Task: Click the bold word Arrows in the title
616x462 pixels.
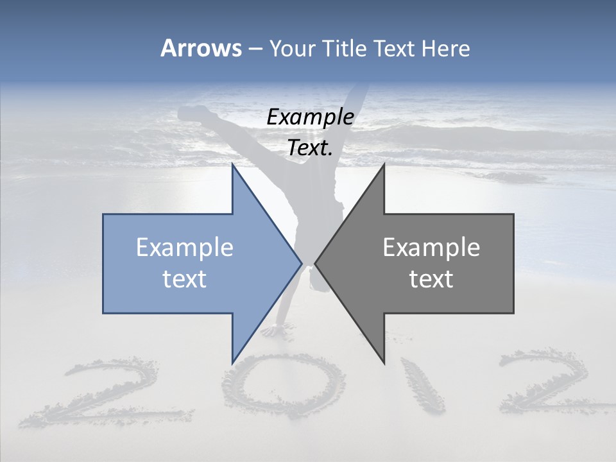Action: (201, 49)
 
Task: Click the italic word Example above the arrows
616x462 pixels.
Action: (310, 117)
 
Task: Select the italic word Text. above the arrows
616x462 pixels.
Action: (310, 148)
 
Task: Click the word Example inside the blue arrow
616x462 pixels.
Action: (185, 248)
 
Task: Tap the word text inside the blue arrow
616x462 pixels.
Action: (185, 279)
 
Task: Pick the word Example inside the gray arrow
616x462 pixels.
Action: (431, 248)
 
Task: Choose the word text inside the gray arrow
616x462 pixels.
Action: (431, 279)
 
